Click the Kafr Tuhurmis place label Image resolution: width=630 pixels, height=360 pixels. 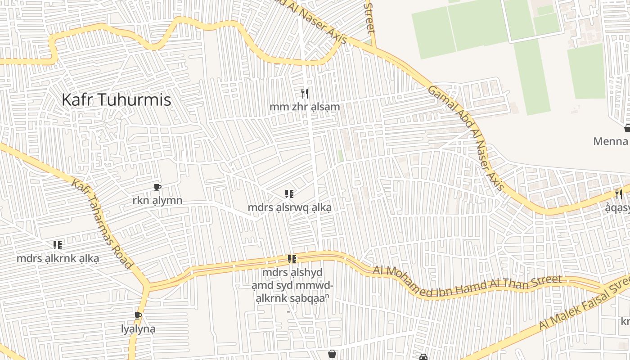(116, 99)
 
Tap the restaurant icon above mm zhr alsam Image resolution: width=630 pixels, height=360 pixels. (305, 94)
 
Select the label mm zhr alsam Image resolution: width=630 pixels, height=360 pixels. (305, 107)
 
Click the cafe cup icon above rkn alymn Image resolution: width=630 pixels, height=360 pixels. (157, 187)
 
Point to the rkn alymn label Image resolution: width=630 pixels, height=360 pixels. (157, 200)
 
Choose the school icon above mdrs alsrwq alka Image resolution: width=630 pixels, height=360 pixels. (289, 194)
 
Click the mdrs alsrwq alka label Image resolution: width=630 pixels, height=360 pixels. (289, 208)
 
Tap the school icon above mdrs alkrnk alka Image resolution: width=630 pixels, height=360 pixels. (58, 245)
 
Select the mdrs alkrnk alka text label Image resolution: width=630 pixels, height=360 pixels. (58, 259)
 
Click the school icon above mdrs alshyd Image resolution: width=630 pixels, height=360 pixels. (292, 259)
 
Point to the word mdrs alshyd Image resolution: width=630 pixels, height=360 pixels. (292, 273)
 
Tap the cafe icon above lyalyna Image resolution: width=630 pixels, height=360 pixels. (138, 315)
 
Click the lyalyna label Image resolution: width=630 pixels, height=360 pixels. (138, 329)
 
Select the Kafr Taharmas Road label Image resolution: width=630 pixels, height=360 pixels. (102, 224)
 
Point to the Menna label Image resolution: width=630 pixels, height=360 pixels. (611, 141)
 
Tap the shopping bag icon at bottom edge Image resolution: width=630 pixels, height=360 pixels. (332, 354)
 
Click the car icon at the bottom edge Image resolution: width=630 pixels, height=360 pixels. (423, 357)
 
